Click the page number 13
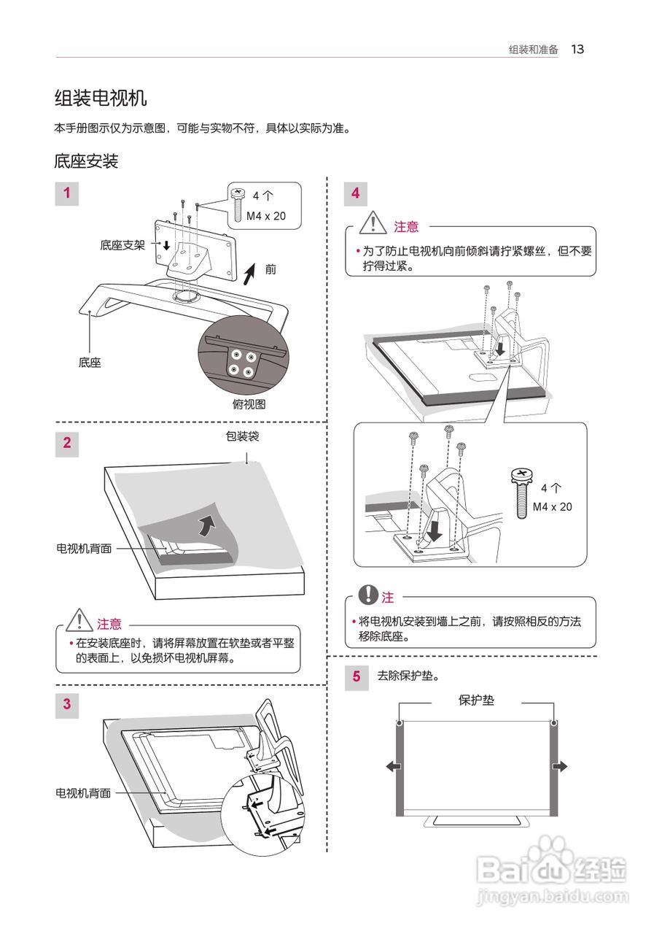(577, 50)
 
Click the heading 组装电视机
(101, 98)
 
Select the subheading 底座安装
(86, 161)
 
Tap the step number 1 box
(67, 193)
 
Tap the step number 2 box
(67, 443)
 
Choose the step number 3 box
(67, 704)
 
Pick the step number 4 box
(356, 193)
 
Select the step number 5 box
(357, 676)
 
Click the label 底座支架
(122, 245)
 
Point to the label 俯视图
(249, 404)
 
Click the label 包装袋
(243, 437)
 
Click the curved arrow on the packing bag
(208, 524)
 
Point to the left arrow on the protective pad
(393, 766)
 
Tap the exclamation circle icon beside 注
(370, 595)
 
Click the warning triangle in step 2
(78, 622)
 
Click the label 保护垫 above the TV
(476, 700)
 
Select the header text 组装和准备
(534, 50)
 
